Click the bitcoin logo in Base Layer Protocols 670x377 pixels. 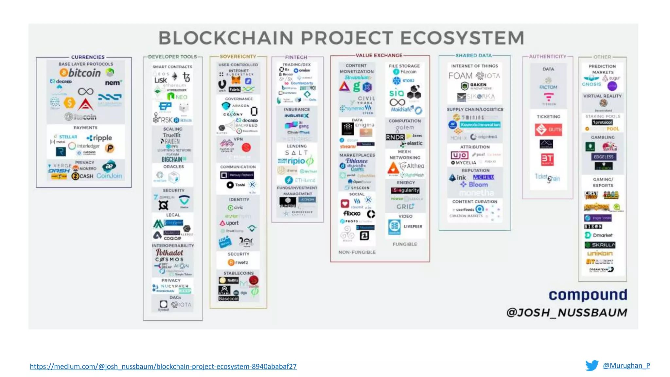pos(80,73)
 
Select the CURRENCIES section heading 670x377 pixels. pos(88,57)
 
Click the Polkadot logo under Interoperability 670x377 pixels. pos(169,253)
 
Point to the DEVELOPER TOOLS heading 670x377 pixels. pos(172,57)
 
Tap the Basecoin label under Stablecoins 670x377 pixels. pos(228,299)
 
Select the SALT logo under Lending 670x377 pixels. pos(296,153)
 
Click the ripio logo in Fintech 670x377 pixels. pos(296,161)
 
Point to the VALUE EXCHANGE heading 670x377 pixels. pos(379,55)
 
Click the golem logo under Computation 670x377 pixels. pos(405,128)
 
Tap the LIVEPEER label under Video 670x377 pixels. pos(413,226)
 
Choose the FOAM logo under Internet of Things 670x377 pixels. pos(460,76)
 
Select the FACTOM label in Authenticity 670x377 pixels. pos(548,87)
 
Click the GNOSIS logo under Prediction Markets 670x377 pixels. pos(591,84)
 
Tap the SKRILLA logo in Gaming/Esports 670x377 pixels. pos(600,245)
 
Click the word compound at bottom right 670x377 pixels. pos(588,295)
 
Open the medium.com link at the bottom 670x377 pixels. pos(163,367)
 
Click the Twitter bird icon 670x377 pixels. pos(591,366)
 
